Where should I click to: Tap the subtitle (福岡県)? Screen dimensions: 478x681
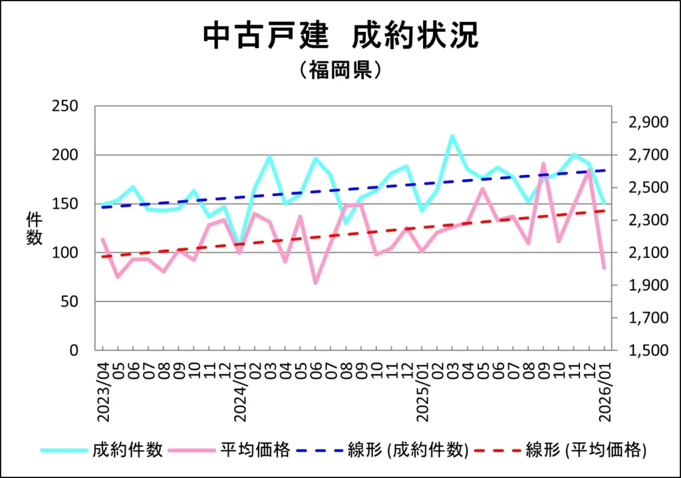click(x=340, y=70)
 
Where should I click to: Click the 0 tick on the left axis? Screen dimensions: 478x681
click(x=74, y=350)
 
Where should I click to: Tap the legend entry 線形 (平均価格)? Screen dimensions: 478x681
click(x=586, y=450)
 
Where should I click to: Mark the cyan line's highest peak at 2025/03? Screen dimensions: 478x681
click(x=452, y=136)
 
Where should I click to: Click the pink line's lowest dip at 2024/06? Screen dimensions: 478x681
click(x=315, y=283)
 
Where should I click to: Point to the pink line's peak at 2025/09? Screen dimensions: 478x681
click(x=543, y=163)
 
